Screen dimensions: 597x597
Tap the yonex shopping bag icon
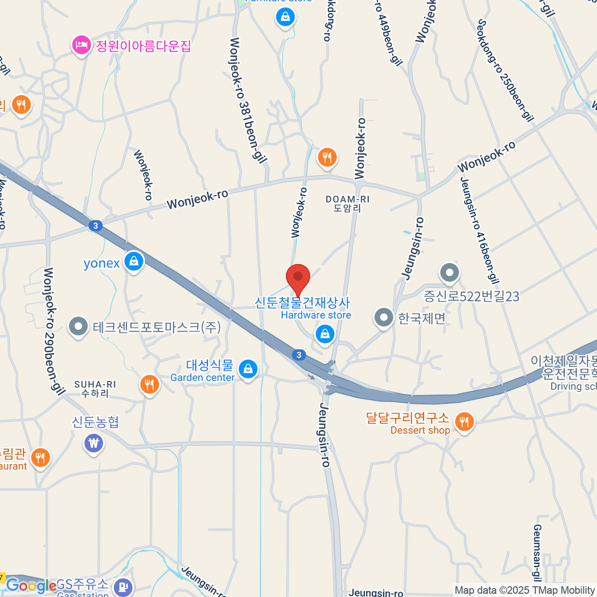pos(133,261)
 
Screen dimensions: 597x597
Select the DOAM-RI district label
pos(347,203)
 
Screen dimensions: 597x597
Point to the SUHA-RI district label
pos(95,389)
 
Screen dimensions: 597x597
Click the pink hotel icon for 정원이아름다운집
pos(81,46)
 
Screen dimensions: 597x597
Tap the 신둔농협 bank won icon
pos(94,442)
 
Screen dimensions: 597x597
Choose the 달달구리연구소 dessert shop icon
pos(464,422)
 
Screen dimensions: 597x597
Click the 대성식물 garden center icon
pos(247,369)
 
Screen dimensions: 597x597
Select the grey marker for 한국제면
pos(384,317)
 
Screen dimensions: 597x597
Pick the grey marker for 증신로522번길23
pos(450,273)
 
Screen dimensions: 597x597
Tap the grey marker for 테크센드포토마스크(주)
pos(78,326)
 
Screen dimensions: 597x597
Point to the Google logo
pos(31,586)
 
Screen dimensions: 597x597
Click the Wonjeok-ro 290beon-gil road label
pos(54,331)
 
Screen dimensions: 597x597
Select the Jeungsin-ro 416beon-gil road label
pos(480,230)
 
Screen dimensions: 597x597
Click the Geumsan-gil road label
pos(537,552)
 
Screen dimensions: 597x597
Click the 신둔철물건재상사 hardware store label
pos(302,302)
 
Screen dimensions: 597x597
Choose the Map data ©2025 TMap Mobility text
pos(524,590)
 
